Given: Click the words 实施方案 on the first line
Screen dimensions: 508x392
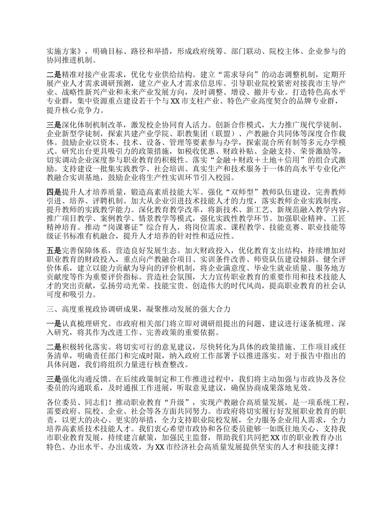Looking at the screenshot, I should pyautogui.click(x=61, y=51).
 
